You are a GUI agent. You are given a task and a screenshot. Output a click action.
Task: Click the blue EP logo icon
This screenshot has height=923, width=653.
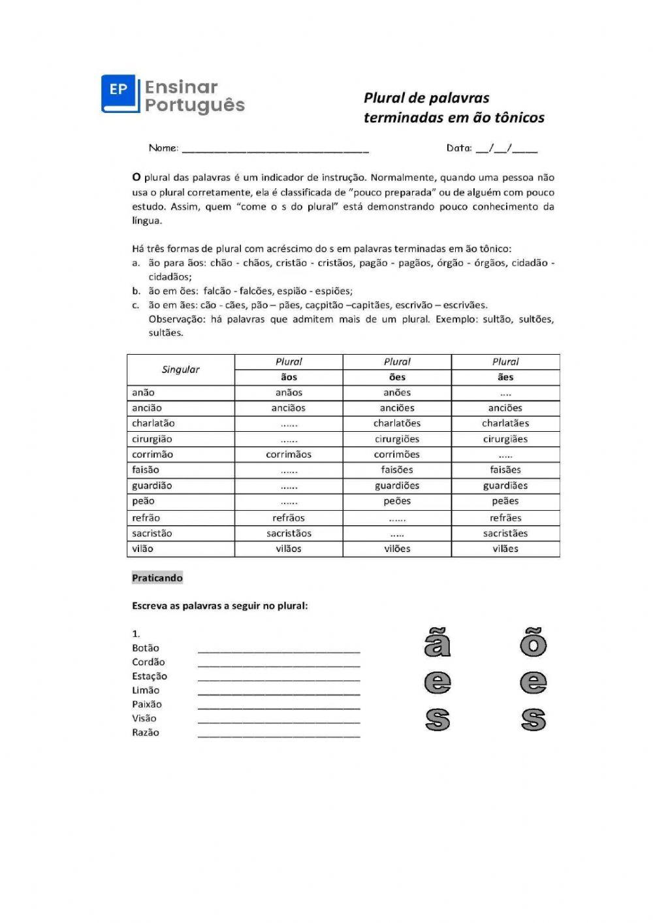coord(120,93)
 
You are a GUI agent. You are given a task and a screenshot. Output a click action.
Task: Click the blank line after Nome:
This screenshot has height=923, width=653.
coord(275,150)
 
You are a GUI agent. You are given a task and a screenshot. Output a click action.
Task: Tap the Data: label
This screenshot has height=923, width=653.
coord(458,148)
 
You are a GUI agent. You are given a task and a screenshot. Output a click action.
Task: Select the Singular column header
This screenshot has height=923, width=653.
coord(180,370)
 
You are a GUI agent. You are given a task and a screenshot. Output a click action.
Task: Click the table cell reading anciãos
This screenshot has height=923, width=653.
coord(288,408)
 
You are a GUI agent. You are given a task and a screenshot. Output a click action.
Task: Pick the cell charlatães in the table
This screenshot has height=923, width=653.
coord(505,423)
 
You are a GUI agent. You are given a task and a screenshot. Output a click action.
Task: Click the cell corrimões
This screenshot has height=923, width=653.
coord(396,455)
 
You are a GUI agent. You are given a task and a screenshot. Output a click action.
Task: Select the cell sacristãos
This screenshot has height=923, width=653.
coord(289,534)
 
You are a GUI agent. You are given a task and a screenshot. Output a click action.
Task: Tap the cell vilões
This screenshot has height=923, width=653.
coord(396,549)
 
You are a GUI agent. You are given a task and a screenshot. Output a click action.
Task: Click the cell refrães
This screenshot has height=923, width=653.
coord(505,518)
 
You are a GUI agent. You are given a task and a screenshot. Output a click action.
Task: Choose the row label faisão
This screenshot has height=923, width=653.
coord(146,470)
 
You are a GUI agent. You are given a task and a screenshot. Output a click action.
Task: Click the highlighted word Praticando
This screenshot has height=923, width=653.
coord(157,578)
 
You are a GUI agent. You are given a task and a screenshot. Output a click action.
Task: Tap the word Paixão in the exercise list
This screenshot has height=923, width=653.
coord(147,705)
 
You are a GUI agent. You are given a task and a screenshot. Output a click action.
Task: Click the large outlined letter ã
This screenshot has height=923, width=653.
coord(437,643)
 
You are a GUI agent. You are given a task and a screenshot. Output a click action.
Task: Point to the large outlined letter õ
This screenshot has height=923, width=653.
coord(533,643)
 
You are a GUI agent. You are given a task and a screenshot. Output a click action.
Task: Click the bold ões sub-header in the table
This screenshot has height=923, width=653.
coord(396,378)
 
